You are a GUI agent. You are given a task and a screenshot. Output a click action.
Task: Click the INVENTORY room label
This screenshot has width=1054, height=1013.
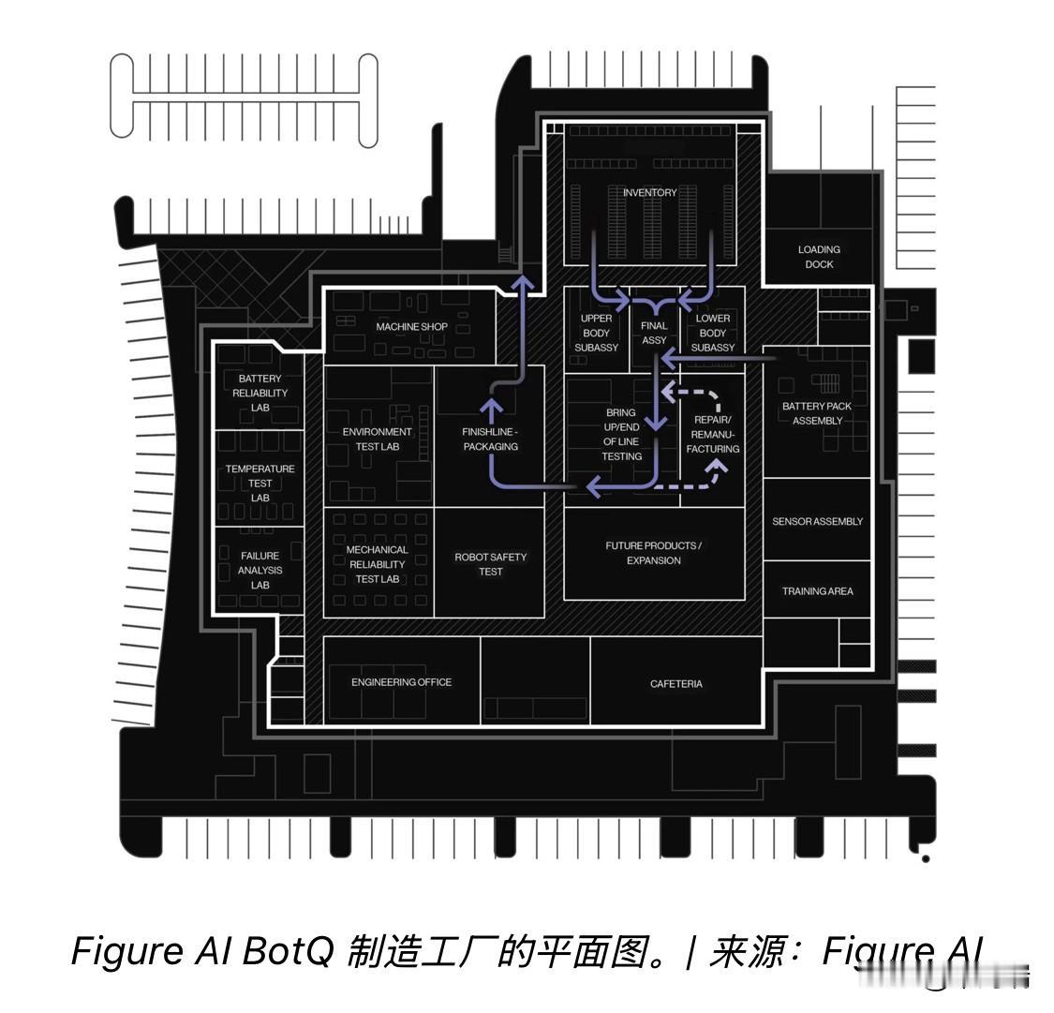649,193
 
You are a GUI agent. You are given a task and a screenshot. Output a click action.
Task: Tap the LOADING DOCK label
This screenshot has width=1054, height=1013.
819,257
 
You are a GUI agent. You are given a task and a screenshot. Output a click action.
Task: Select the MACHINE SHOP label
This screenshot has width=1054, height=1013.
411,327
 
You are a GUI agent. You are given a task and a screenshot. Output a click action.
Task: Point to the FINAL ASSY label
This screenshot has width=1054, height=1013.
654,333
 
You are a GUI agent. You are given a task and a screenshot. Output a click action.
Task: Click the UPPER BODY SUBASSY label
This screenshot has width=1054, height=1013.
596,333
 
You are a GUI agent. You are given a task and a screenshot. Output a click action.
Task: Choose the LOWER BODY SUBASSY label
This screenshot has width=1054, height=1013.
712,333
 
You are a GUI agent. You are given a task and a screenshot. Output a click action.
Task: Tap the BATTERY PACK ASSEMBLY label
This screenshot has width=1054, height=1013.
817,413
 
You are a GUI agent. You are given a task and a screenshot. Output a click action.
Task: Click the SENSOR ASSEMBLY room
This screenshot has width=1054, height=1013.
817,521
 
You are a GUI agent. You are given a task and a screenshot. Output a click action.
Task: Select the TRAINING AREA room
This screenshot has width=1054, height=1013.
817,591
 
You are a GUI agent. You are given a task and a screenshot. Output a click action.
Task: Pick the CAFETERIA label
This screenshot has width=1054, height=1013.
675,684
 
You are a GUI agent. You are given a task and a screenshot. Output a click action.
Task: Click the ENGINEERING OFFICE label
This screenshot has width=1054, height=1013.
401,682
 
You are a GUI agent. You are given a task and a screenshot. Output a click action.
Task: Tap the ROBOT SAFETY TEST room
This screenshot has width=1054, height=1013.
490,564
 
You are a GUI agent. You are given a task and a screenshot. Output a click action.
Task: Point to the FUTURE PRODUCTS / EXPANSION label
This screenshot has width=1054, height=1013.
653,553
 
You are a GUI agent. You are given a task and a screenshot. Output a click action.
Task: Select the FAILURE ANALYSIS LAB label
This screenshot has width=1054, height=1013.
260,570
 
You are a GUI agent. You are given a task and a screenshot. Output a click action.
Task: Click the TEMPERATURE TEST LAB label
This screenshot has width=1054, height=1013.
260,483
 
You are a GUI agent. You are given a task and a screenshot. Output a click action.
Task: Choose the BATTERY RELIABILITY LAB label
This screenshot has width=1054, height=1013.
260,394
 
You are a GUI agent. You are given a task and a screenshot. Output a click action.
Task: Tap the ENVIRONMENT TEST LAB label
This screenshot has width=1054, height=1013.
377,439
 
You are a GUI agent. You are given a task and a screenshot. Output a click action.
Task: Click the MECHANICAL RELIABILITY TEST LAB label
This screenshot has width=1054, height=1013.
377,564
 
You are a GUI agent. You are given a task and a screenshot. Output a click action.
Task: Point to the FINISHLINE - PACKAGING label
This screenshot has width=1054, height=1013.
490,439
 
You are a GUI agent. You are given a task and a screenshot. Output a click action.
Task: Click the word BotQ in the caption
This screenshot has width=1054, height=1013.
288,951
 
